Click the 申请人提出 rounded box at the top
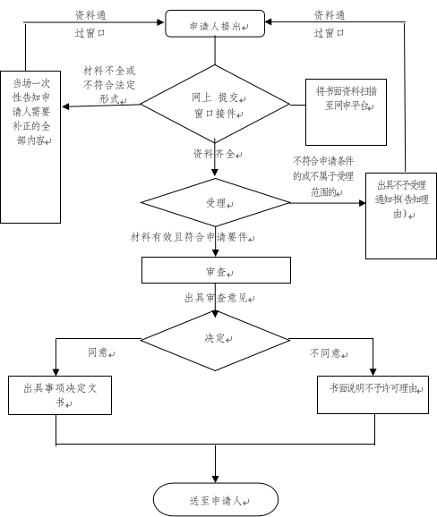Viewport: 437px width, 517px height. [x=215, y=23]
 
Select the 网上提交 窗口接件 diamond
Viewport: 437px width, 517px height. [x=215, y=104]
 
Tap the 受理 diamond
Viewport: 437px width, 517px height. [x=215, y=202]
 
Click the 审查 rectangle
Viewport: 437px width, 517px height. [x=216, y=270]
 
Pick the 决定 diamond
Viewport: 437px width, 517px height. [x=215, y=341]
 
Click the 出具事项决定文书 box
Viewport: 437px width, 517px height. [x=60, y=395]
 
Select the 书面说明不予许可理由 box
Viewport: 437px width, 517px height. [x=373, y=394]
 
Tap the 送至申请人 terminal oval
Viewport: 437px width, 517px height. [x=216, y=499]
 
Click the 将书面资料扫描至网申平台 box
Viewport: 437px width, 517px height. [x=346, y=112]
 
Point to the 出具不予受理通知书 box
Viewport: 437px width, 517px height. [x=401, y=216]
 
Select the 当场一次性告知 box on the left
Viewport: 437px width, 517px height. [x=30, y=147]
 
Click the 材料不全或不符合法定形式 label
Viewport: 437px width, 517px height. [x=109, y=85]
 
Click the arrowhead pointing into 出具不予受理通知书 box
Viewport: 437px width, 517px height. [x=363, y=203]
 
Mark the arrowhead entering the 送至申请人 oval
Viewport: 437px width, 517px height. [x=215, y=479]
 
